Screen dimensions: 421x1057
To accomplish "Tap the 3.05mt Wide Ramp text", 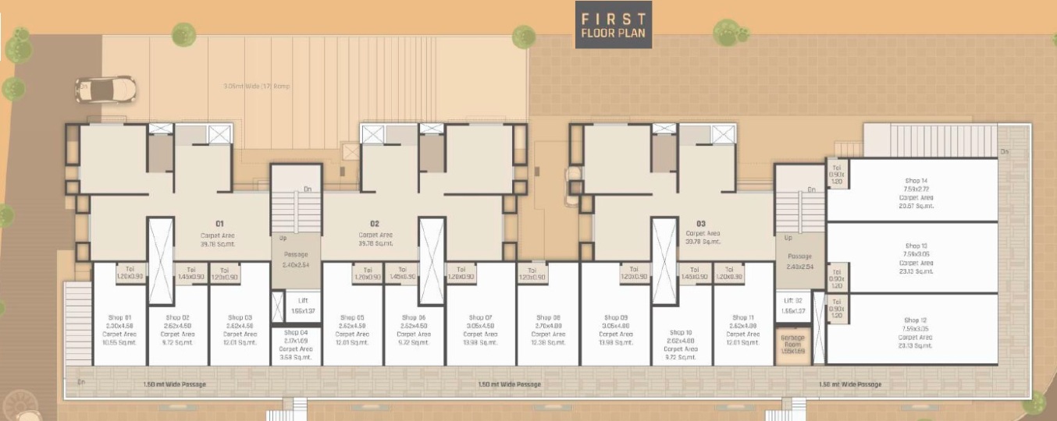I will pyautogui.click(x=257, y=86).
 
